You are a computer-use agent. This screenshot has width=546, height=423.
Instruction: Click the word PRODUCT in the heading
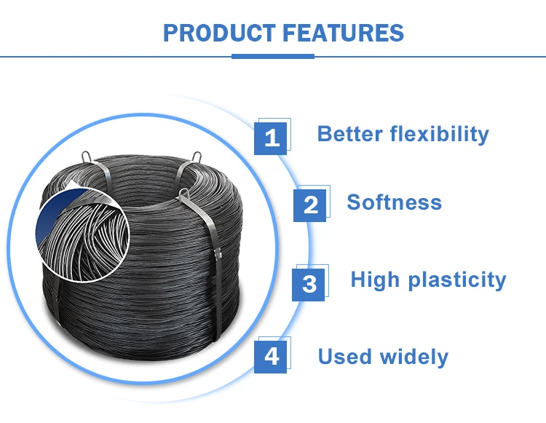218,33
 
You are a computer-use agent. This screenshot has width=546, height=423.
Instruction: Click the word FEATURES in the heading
342,33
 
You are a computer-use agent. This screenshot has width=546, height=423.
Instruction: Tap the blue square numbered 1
271,137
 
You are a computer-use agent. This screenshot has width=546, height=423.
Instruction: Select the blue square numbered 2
310,205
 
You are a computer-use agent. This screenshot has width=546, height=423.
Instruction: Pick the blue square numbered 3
309,283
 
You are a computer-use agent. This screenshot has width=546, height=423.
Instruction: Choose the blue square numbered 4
271,356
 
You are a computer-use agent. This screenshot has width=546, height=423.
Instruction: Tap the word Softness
394,202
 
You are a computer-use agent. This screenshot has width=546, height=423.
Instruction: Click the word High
376,280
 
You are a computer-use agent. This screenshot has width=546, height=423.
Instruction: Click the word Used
345,357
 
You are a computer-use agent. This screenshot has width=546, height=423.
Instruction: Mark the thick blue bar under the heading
273,56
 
